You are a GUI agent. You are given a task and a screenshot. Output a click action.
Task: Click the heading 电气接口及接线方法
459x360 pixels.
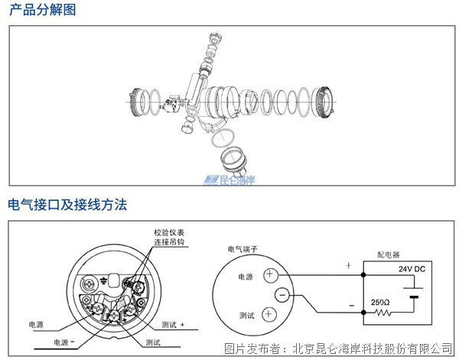click(x=67, y=205)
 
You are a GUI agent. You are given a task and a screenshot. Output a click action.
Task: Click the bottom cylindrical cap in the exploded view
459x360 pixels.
click(x=234, y=162)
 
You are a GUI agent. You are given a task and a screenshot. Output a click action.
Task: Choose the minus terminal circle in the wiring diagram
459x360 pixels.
click(x=283, y=294)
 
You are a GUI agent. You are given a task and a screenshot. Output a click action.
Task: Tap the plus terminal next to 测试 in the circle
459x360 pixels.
click(x=270, y=314)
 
